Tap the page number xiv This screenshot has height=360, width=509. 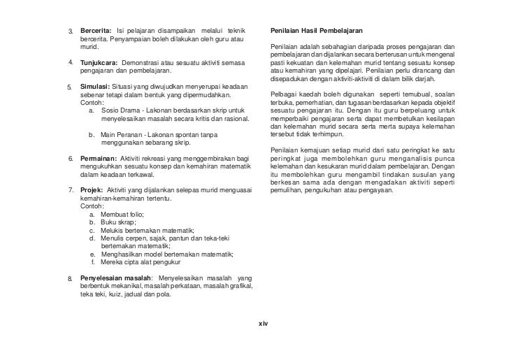(x=263, y=324)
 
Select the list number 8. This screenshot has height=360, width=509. (x=70, y=279)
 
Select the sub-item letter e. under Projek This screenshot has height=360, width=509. (x=93, y=254)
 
